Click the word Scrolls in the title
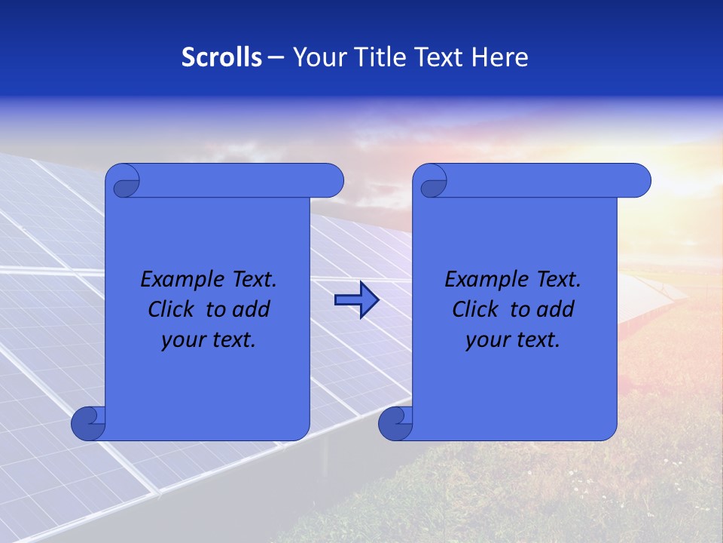click(222, 57)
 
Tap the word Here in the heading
click(499, 57)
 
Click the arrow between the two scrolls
click(356, 299)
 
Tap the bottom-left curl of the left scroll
click(89, 422)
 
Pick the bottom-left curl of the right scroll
click(395, 423)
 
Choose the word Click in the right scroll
click(475, 309)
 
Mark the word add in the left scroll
click(252, 309)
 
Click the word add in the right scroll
click(556, 309)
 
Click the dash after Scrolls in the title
click(276, 57)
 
